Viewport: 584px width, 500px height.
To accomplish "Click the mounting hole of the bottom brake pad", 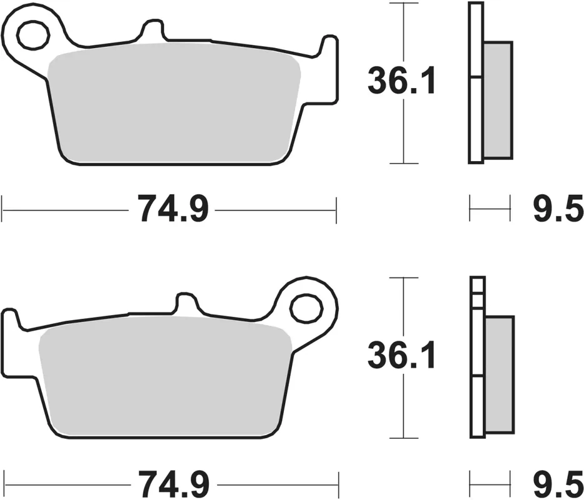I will (x=305, y=307).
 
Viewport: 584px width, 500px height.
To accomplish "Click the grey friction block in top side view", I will (x=498, y=100).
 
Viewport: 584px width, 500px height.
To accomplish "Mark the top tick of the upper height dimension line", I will (x=404, y=3).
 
